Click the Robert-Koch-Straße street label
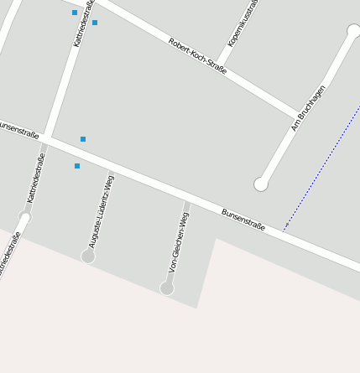tap(197, 56)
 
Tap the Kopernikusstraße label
tap(243, 23)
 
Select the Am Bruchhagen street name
tap(308, 107)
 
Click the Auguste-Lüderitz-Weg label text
tap(102, 211)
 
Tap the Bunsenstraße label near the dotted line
tap(243, 220)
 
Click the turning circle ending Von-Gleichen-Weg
tap(167, 288)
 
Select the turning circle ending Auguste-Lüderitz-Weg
tap(88, 256)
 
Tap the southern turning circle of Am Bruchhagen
tap(261, 184)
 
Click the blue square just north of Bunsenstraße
tap(83, 139)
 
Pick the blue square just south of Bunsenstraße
tap(77, 166)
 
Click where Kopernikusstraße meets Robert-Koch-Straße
tap(222, 69)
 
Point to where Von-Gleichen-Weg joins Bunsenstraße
tap(188, 199)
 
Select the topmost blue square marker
tap(75, 13)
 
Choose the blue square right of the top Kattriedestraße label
tap(95, 23)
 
